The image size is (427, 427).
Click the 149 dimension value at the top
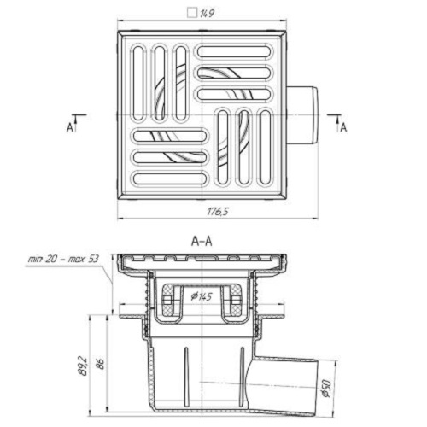207,14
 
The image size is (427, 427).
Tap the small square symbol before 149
192,13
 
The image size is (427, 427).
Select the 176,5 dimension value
218,212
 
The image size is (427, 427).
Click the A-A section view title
202,242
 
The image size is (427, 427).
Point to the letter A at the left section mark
70,128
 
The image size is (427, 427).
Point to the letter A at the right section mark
343,128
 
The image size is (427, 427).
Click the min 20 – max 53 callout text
63,259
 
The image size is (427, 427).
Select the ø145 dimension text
202,296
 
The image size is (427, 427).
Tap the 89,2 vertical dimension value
85,366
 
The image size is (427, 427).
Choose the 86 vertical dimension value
100,364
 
